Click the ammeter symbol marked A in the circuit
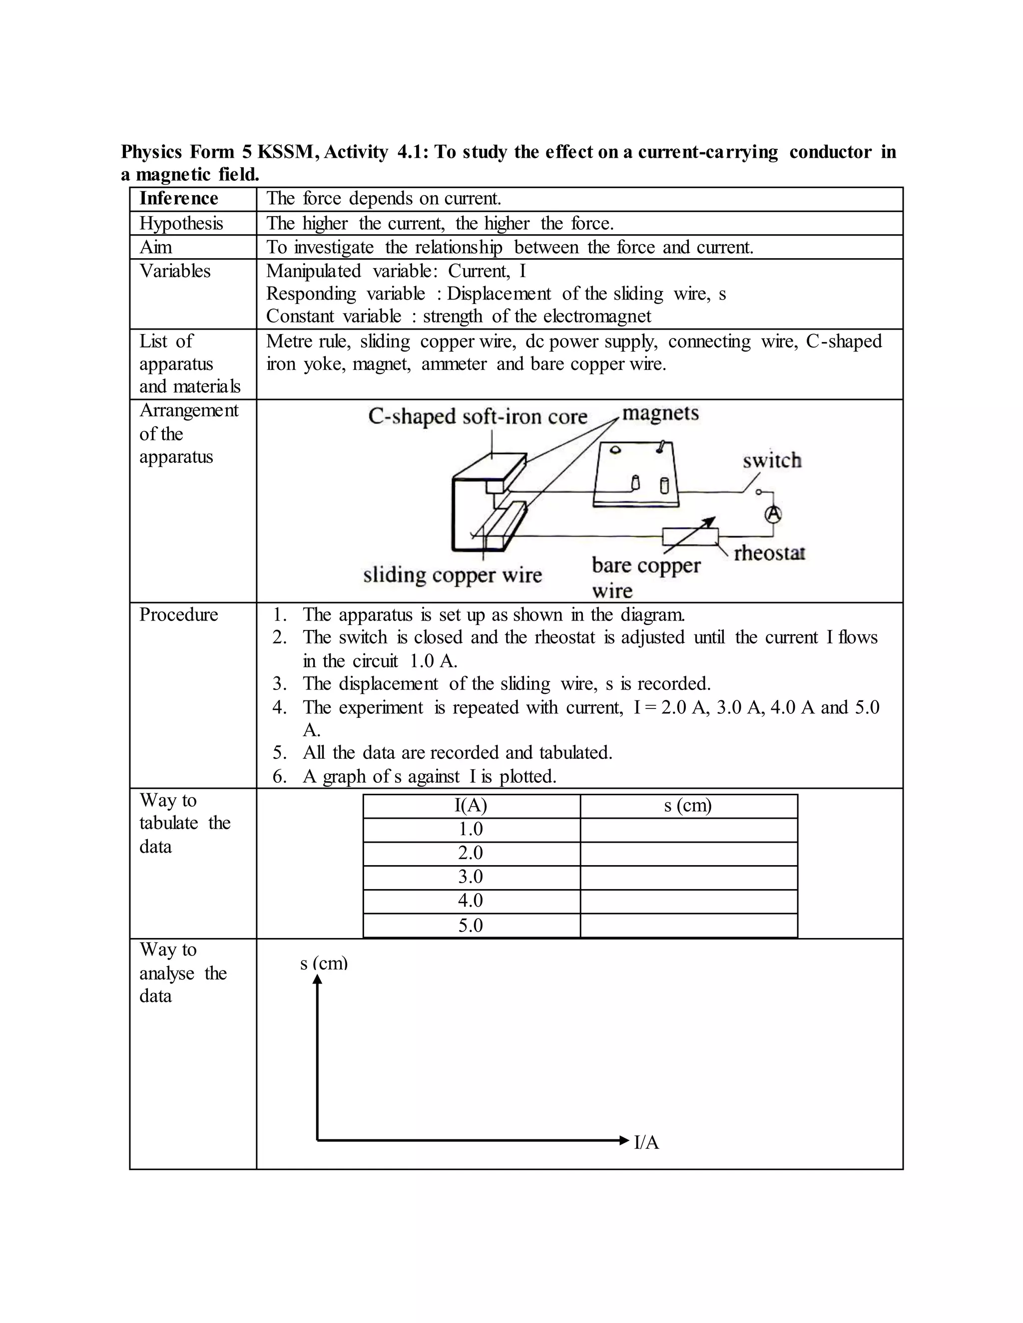click(x=772, y=514)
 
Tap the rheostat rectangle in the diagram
click(x=690, y=537)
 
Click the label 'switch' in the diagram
click(x=771, y=461)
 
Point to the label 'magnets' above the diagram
click(x=660, y=414)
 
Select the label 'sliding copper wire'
click(x=452, y=575)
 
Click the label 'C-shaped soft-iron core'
click(x=478, y=417)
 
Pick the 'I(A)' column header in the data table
click(x=471, y=806)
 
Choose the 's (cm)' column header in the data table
click(x=688, y=806)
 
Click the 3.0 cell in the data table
click(x=471, y=877)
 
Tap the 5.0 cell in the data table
click(x=471, y=925)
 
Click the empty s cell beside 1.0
click(x=688, y=830)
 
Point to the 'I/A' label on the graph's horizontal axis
click(x=646, y=1142)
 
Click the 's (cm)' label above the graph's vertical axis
click(x=324, y=963)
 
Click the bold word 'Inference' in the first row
click(x=178, y=199)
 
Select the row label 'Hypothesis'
click(x=181, y=224)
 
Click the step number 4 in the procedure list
click(x=278, y=707)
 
